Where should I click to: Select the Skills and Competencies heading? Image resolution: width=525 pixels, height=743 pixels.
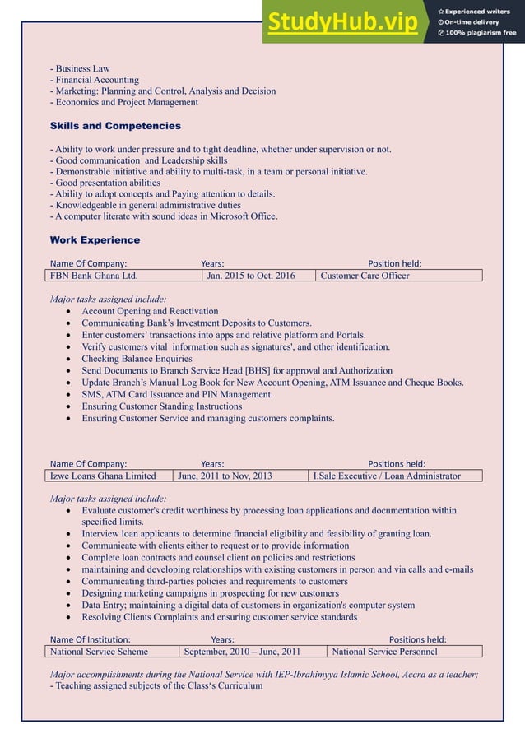[115, 126]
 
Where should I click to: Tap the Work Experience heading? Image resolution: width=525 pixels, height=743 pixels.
[95, 240]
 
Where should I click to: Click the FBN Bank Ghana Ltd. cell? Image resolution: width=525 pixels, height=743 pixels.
[94, 276]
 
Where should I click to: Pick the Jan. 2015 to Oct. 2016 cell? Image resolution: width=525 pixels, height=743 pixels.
[250, 276]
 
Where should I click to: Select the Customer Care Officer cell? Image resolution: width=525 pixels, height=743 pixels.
[365, 276]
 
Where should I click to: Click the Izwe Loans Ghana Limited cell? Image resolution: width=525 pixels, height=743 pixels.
[103, 476]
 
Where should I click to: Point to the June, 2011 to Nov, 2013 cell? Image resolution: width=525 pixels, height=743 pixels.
[224, 476]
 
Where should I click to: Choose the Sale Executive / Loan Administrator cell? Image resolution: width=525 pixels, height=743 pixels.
[387, 476]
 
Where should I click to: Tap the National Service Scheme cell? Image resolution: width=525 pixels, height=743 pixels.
[99, 652]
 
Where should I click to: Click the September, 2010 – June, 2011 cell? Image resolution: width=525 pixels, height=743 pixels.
[242, 652]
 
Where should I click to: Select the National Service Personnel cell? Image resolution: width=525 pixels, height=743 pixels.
[383, 652]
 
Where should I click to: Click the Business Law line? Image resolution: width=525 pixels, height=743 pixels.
[80, 68]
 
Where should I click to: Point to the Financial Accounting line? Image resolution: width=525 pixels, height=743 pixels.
[95, 80]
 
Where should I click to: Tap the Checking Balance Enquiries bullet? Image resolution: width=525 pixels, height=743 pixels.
[137, 359]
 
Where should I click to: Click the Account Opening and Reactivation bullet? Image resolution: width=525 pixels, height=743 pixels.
[150, 311]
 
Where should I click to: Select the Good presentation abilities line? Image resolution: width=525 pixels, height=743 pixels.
[105, 183]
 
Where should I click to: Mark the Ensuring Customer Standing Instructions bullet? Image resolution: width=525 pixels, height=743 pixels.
[161, 406]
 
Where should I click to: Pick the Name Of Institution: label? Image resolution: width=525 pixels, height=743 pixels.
[90, 639]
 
